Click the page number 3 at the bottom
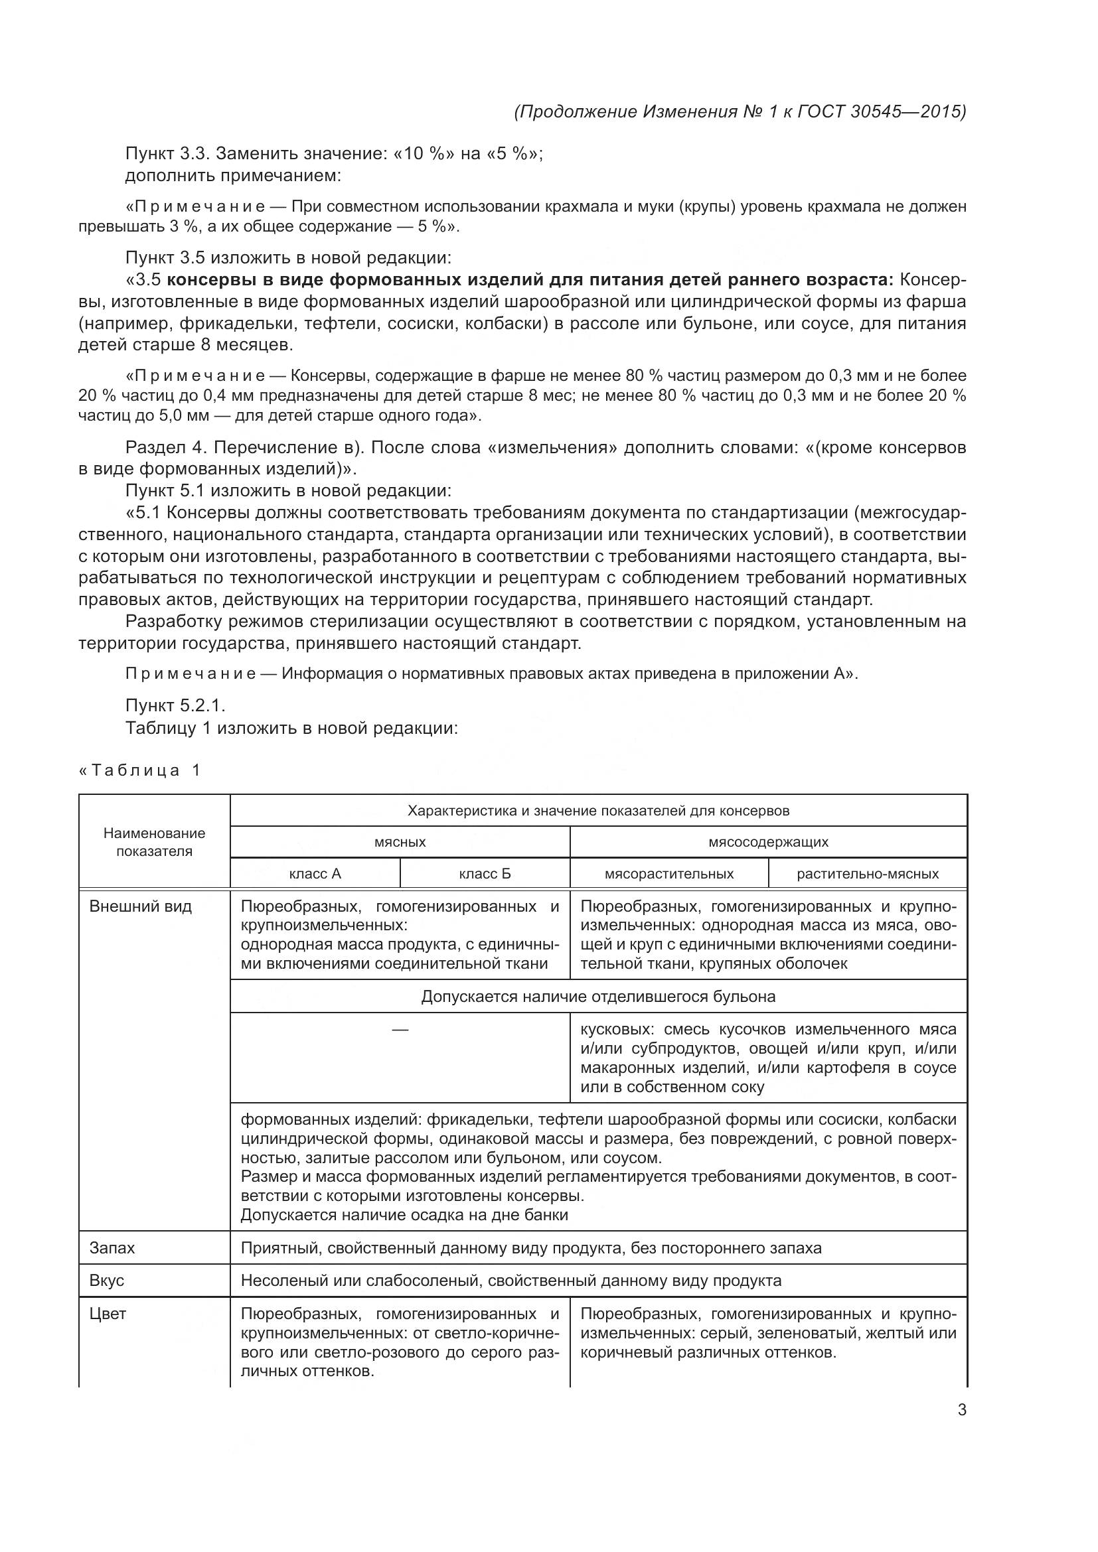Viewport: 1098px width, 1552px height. click(961, 1410)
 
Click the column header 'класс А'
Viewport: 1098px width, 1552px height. click(315, 873)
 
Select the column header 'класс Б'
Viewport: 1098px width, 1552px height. click(485, 873)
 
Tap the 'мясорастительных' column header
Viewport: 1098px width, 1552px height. click(668, 873)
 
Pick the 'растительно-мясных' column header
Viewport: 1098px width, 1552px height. click(868, 873)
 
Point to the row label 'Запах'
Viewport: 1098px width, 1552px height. click(112, 1248)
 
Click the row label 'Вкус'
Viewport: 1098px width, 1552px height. click(107, 1280)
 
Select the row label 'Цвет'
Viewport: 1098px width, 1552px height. click(108, 1313)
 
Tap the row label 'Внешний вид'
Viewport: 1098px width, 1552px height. click(141, 906)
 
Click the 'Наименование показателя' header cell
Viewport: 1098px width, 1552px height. click(154, 842)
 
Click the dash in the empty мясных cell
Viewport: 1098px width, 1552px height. click(400, 1030)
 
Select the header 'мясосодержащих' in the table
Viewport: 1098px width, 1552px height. click(768, 841)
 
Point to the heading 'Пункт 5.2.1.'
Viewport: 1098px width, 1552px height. click(176, 706)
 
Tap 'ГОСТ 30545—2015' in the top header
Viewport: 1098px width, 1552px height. click(882, 111)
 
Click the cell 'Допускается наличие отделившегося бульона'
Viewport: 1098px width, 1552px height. click(598, 997)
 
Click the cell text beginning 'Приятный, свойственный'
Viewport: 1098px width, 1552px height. click(531, 1248)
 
